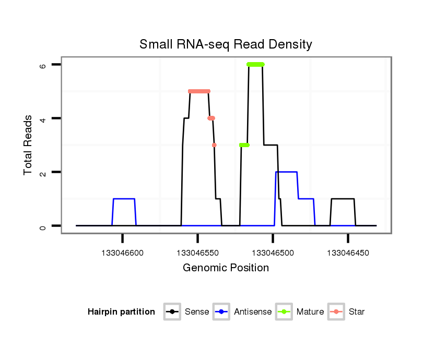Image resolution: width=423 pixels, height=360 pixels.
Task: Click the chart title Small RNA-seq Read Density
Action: [x=226, y=44]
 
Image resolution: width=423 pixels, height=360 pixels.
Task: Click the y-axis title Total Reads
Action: [x=29, y=145]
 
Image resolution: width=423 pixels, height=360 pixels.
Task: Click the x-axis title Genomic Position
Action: [x=226, y=268]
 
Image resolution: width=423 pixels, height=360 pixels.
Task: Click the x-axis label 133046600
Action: [x=122, y=253]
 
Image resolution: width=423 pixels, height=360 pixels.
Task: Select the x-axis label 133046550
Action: [x=197, y=253]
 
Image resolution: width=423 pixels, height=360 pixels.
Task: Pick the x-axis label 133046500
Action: [x=273, y=253]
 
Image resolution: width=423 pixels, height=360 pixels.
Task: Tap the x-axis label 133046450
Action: [x=348, y=253]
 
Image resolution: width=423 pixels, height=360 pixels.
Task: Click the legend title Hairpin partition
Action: [x=121, y=312]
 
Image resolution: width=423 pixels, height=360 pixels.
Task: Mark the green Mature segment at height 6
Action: [x=256, y=65]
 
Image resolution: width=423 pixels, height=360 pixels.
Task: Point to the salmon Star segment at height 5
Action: [x=199, y=91]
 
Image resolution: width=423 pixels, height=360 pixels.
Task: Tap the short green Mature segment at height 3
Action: [x=244, y=145]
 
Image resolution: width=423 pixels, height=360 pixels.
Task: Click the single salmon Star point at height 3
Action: [x=214, y=145]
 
